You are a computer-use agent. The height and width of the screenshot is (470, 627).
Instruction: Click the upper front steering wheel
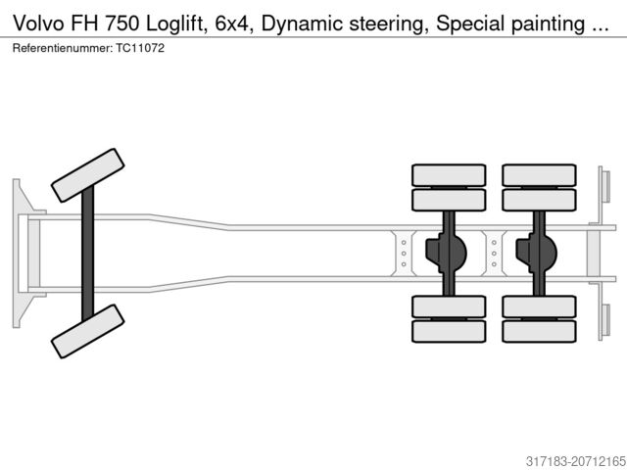[87, 174]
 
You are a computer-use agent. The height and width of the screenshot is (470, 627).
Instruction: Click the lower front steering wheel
[87, 331]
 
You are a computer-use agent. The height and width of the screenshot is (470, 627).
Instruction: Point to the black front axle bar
[87, 253]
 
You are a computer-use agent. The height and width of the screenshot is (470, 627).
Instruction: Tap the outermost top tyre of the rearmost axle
[538, 175]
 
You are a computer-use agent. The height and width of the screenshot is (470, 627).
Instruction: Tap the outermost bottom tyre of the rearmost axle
[538, 331]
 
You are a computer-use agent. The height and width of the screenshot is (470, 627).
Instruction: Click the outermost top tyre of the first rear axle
[449, 175]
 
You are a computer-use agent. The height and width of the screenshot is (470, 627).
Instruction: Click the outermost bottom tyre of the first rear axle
[449, 331]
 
